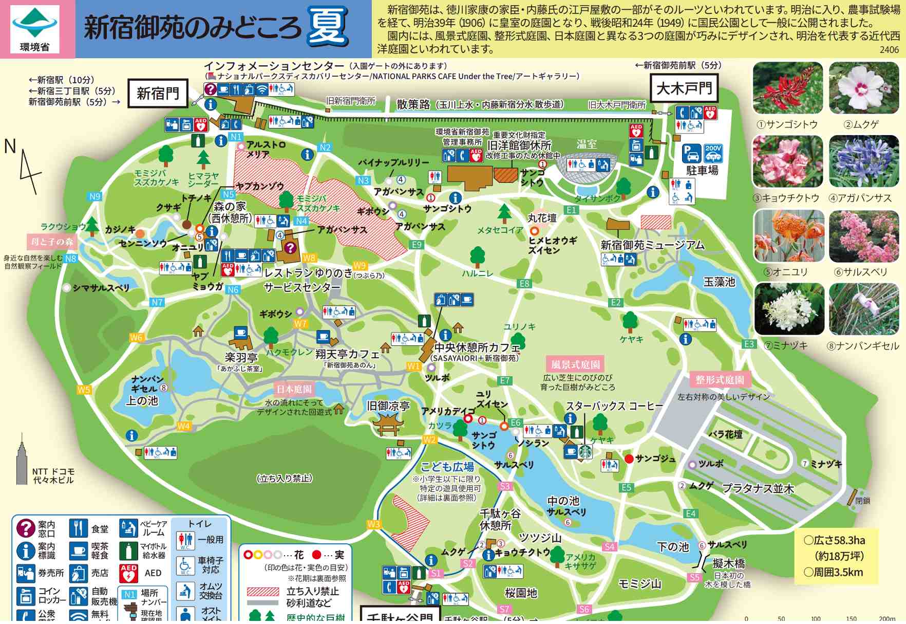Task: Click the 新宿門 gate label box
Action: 158,93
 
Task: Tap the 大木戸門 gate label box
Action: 684,89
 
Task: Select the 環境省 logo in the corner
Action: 35,29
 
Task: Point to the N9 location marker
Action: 95,196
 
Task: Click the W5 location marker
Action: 84,390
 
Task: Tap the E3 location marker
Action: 749,344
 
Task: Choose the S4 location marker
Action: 610,547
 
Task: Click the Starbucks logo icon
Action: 585,452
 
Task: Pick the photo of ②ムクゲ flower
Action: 864,88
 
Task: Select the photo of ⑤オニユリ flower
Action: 788,236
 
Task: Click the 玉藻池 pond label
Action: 719,282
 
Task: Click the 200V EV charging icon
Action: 713,153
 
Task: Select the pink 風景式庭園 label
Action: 575,364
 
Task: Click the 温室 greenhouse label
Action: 587,144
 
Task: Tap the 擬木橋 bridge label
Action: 728,564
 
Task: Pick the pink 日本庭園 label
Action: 294,389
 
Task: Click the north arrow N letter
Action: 10,146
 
